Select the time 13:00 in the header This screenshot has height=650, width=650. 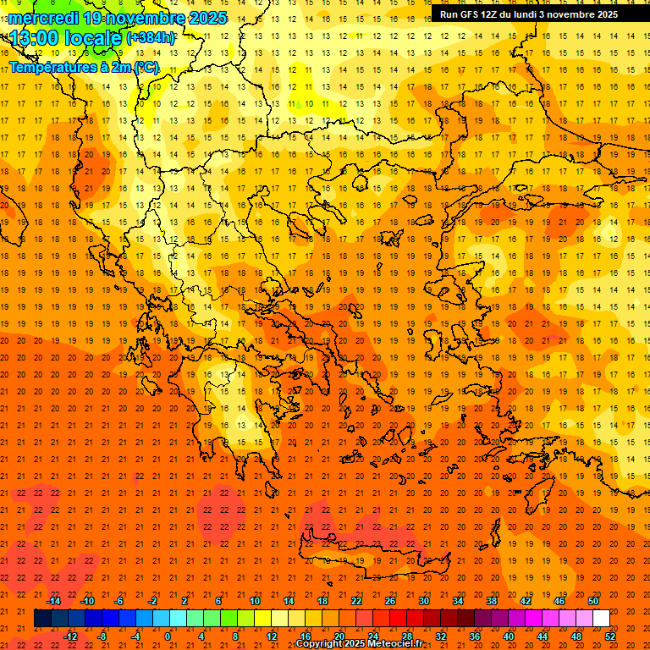[35, 37]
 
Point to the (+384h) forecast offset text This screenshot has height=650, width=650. [151, 37]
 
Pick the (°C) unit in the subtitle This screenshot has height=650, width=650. [146, 67]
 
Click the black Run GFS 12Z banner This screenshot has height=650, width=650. [528, 14]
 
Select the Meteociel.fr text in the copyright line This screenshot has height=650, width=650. [395, 644]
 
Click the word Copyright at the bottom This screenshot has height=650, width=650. [318, 644]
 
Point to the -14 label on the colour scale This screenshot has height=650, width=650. [54, 601]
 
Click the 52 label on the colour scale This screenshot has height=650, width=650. [610, 636]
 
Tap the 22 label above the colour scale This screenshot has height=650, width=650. [356, 601]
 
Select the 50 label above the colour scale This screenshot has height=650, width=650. [593, 601]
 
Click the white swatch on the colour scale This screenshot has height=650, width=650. [602, 619]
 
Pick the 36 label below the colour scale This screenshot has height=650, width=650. [475, 636]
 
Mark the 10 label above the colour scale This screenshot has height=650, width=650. [254, 601]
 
